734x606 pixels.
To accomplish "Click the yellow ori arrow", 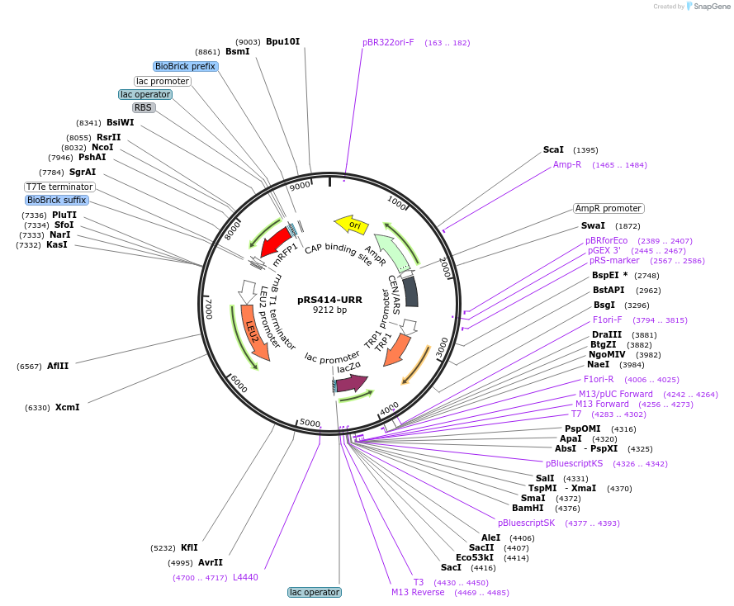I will click(x=350, y=224).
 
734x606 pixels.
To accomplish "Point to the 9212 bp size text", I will click(x=329, y=310).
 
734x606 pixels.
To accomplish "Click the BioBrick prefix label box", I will click(x=186, y=66).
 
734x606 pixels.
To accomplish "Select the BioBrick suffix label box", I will click(x=57, y=200).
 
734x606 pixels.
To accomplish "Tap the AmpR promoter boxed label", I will click(x=609, y=209).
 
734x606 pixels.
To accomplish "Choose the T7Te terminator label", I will click(x=59, y=187).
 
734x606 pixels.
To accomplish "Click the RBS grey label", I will click(x=144, y=107).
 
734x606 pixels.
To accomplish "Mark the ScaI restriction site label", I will click(x=553, y=150).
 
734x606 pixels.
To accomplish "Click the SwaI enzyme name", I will click(x=593, y=225).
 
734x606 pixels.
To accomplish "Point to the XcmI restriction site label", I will click(x=67, y=407).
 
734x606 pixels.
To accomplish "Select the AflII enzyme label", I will click(x=58, y=366).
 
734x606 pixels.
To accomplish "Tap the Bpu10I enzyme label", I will click(x=282, y=41).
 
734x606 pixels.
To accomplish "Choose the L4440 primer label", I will click(x=245, y=577).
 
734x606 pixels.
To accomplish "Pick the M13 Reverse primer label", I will click(x=418, y=592).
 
